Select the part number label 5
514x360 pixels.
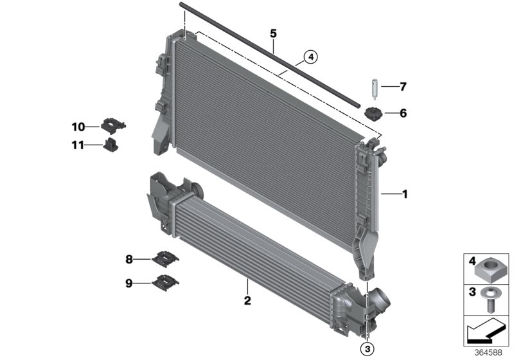point(273,32)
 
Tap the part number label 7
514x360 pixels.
point(403,85)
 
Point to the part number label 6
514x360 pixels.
point(403,114)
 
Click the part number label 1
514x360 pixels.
point(404,193)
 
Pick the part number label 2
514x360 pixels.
point(247,300)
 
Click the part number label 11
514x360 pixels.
point(78,145)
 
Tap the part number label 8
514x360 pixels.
point(128,259)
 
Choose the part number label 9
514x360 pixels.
point(128,282)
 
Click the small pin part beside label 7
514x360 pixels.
point(373,86)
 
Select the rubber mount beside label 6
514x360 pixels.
point(373,114)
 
